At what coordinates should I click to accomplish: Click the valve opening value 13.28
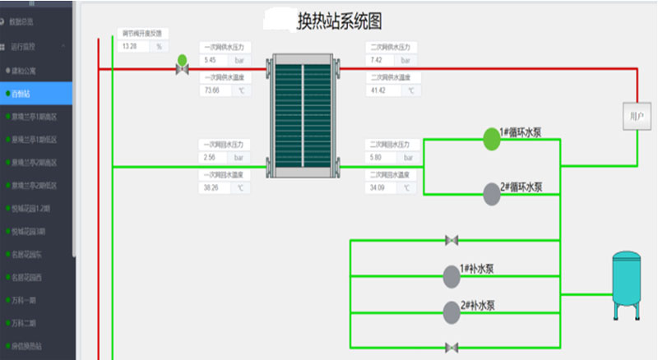130,46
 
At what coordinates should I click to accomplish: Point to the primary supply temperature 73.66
212,90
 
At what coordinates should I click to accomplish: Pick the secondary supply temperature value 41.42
379,90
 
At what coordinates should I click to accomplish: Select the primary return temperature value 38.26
212,187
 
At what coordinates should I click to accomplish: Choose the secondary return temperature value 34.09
379,187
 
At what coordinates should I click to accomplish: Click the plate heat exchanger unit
303,116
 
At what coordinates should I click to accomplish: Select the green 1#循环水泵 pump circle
491,138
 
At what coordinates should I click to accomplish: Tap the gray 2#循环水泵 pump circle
491,194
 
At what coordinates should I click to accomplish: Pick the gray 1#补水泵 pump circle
452,276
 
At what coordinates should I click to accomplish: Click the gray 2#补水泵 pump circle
452,312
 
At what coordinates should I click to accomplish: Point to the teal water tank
627,284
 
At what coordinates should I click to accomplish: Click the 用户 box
636,117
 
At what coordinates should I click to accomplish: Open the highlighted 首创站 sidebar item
37,94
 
